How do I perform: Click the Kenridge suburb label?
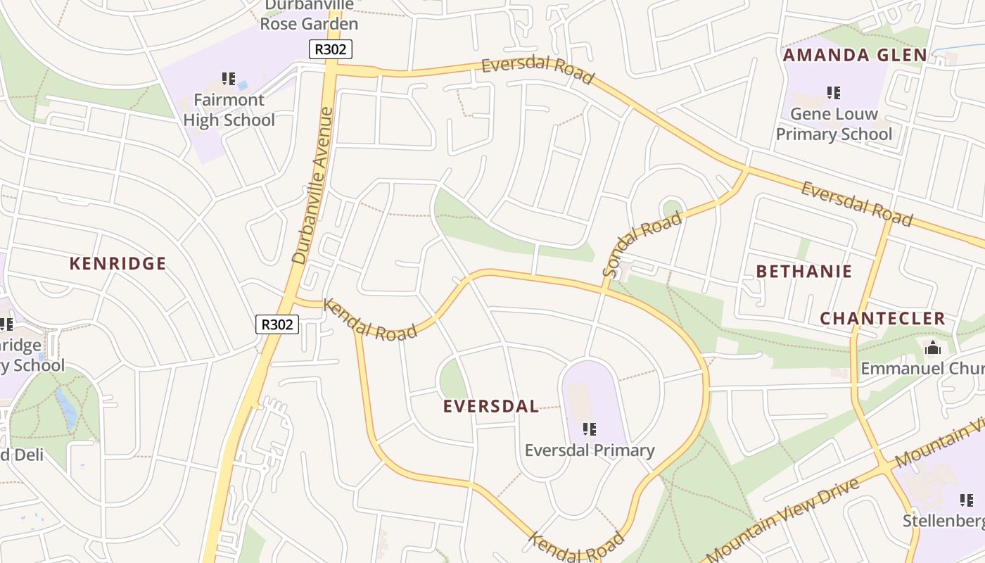(117, 264)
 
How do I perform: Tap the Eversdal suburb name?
(491, 406)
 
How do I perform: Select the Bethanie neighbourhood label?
(803, 272)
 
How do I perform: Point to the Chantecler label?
(882, 318)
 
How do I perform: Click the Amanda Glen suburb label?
(855, 55)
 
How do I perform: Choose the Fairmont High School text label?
(229, 110)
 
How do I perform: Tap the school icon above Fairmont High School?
(228, 78)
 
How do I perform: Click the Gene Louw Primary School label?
(834, 124)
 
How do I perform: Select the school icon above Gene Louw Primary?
(834, 92)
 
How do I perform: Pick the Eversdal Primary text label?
(590, 450)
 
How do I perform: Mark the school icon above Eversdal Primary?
(590, 429)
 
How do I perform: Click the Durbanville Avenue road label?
(312, 185)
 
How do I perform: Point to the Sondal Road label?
(642, 243)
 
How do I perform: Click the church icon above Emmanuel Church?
(933, 348)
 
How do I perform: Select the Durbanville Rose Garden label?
(309, 15)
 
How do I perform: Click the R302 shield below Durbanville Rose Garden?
(330, 49)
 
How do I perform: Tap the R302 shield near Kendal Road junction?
(277, 324)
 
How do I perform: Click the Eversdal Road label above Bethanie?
(856, 204)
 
